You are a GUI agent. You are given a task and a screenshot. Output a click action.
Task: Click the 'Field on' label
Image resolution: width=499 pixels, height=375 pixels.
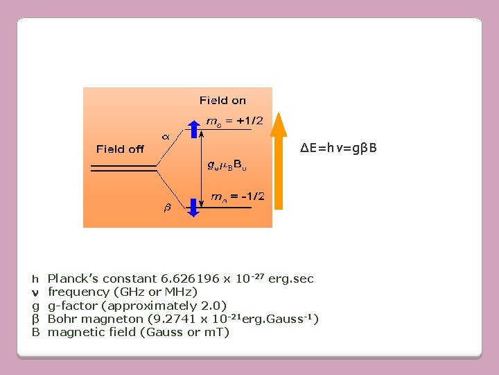tap(222, 101)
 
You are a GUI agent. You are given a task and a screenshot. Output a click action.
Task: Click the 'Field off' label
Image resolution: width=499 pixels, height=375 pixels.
tap(120, 149)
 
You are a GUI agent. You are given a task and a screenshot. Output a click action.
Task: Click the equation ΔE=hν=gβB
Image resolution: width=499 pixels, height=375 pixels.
tap(339, 149)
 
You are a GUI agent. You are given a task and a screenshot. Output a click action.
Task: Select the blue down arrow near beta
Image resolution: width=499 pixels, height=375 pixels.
tap(193, 207)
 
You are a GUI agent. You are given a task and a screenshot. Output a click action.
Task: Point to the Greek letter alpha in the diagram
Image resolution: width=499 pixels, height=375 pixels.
tap(166, 136)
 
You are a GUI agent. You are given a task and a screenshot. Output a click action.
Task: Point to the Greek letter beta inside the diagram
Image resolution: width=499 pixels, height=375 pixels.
tap(167, 207)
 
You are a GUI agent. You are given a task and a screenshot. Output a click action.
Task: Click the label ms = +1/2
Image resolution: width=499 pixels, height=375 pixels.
tap(235, 121)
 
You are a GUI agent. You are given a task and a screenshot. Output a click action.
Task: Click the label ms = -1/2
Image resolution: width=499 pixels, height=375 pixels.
tap(236, 197)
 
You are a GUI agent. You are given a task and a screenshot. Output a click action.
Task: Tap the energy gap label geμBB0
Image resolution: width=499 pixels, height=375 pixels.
tap(227, 165)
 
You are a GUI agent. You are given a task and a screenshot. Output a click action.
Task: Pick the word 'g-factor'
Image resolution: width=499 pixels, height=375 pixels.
tap(71, 306)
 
